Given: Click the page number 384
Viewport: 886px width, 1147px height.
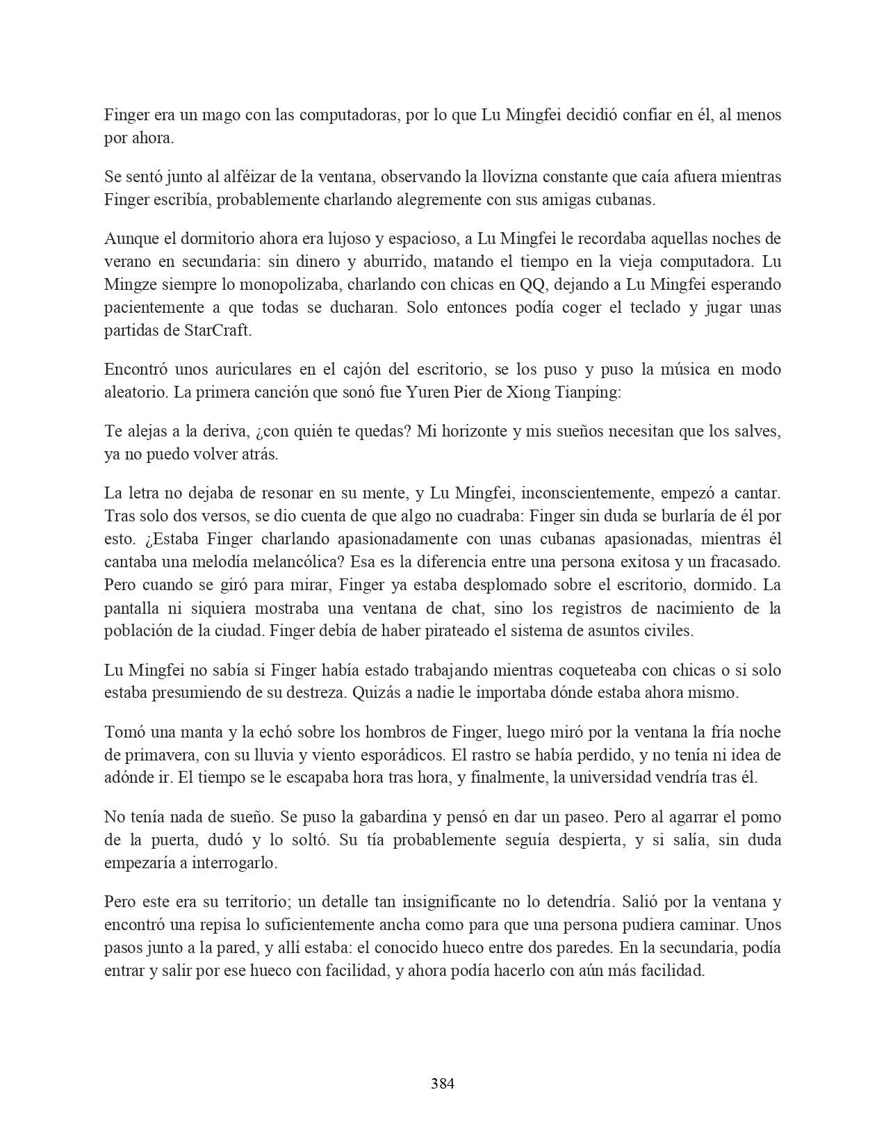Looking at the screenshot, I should tap(443, 1083).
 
